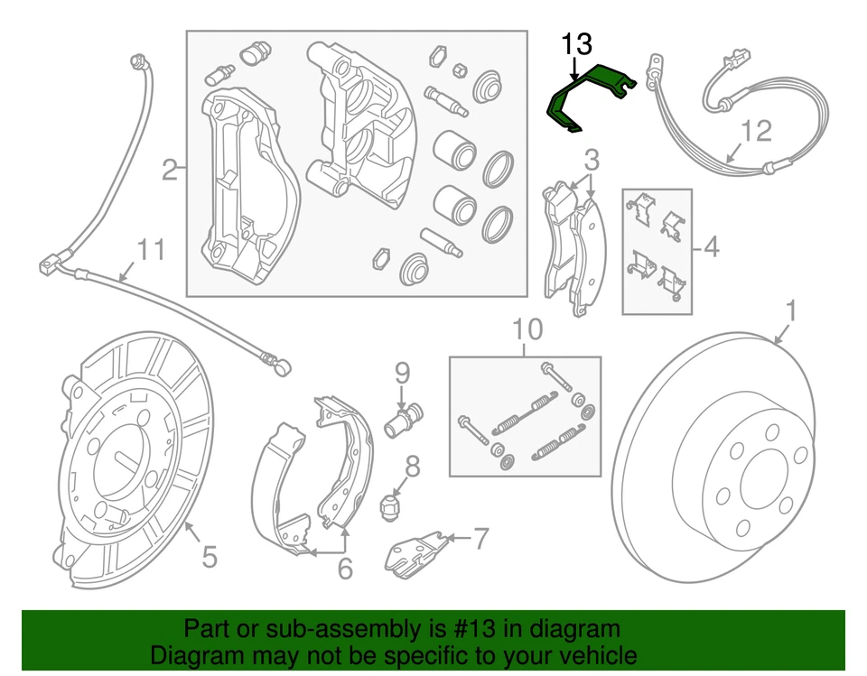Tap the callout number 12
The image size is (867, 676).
757,132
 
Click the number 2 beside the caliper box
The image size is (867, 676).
170,169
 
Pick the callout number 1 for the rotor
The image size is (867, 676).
791,311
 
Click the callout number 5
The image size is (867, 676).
209,557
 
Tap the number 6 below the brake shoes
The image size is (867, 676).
345,569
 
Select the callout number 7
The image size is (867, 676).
480,540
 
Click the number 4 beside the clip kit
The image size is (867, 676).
711,245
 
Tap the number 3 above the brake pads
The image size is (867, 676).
591,162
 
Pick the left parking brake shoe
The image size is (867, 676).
280,492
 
